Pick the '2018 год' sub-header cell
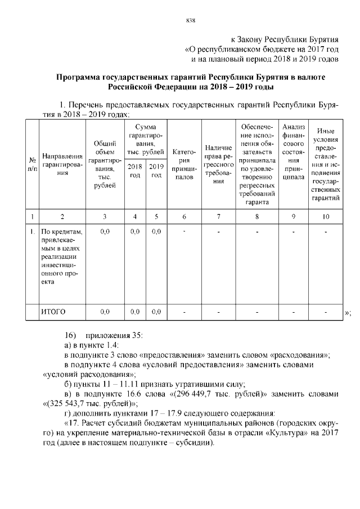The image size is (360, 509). (x=135, y=171)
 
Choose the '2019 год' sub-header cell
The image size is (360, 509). (x=156, y=171)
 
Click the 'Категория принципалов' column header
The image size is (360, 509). (x=183, y=164)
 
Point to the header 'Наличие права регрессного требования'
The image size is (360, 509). (x=219, y=164)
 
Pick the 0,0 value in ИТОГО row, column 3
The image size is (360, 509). (x=105, y=311)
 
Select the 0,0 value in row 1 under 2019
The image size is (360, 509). (x=156, y=231)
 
